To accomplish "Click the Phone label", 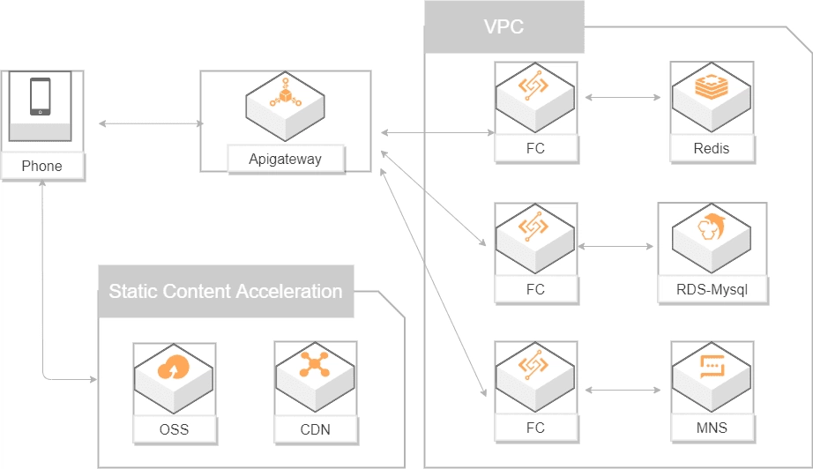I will (x=42, y=166).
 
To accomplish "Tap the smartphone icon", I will (x=41, y=97).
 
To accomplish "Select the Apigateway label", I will (x=285, y=160).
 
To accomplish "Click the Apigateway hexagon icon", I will (x=286, y=101).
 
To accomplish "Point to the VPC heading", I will (x=503, y=26).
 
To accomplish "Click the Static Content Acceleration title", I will (x=225, y=291).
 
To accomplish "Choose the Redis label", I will (x=712, y=148).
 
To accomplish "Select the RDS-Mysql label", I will (x=712, y=288).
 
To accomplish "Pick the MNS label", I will (x=712, y=428).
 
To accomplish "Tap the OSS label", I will (x=175, y=429).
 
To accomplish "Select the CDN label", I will (x=316, y=429).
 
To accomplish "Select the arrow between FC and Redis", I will (x=623, y=96).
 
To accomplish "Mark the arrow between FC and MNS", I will (x=623, y=388).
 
